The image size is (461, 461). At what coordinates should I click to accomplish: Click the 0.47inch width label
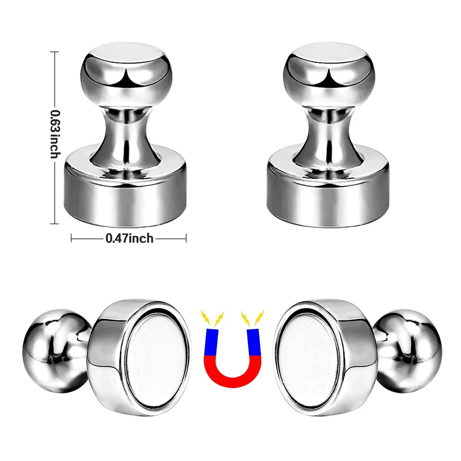coord(129,239)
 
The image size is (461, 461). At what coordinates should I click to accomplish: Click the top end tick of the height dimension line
coord(54,52)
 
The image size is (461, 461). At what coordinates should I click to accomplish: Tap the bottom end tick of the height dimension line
coord(54,223)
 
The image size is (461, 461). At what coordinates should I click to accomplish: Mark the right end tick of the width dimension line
coord(186,238)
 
